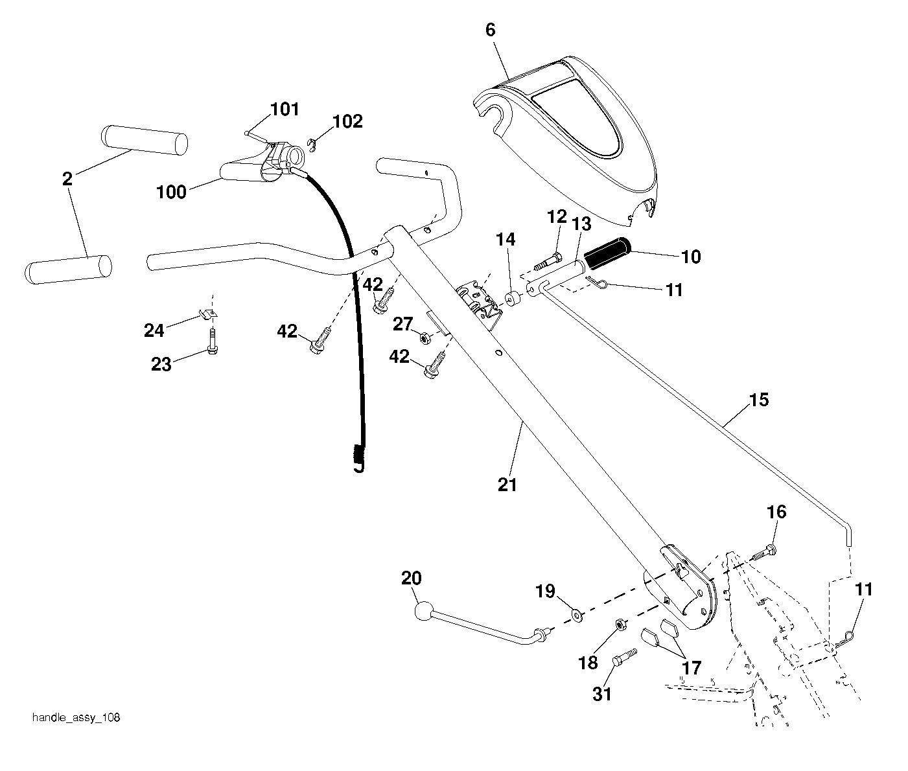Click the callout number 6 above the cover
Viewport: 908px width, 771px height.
pos(490,30)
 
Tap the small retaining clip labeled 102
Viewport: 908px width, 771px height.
pos(312,145)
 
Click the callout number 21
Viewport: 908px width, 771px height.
pos(507,485)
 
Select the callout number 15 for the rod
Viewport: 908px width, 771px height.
pos(759,400)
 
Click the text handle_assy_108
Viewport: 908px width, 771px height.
pos(76,718)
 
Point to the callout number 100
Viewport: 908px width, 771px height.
pos(171,192)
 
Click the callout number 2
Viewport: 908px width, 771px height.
pos(67,179)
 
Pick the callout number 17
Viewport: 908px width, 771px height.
pos(692,668)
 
